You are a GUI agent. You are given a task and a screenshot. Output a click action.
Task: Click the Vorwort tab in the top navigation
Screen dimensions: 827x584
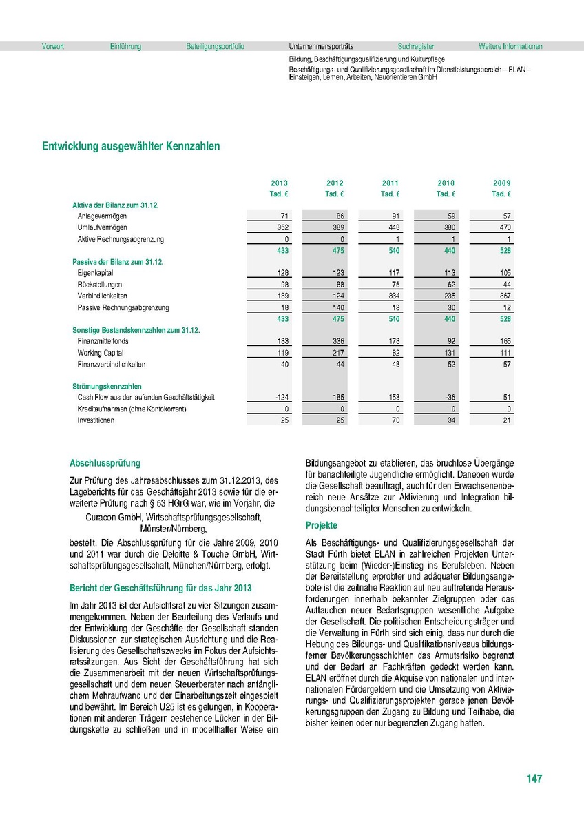tap(53, 47)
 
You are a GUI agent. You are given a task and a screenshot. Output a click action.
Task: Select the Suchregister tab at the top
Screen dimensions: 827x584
tap(416, 47)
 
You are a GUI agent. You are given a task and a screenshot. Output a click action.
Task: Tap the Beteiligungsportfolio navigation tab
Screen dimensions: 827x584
tap(215, 47)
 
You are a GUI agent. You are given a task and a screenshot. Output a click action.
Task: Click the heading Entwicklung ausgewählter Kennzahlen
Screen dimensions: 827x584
tap(131, 146)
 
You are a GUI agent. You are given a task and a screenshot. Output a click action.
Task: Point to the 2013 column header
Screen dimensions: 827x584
tap(279, 183)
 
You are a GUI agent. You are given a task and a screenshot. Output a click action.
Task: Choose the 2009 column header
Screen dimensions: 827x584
tap(501, 183)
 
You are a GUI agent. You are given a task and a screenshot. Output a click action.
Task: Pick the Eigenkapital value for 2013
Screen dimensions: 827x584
tap(281, 274)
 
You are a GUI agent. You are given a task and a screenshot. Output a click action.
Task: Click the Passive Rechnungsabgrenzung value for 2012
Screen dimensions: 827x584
tap(336, 307)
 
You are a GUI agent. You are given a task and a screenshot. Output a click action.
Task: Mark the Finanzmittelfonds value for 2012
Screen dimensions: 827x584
tap(336, 341)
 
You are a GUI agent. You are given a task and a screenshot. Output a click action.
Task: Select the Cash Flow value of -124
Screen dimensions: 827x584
tap(280, 398)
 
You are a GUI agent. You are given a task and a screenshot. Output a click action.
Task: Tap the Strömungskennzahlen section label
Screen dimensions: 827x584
tap(107, 387)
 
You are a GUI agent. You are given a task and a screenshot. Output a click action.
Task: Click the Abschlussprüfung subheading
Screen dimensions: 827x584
tap(105, 464)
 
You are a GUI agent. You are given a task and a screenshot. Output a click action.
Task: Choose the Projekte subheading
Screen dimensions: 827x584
tap(321, 526)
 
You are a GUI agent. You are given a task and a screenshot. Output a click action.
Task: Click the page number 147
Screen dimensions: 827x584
tap(534, 779)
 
